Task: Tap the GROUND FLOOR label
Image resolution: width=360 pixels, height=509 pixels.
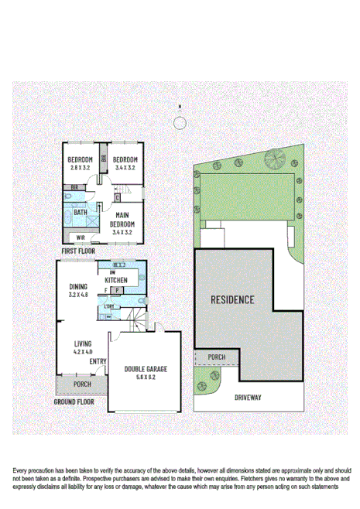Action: tap(74, 401)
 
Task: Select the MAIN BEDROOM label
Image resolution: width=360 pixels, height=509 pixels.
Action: tap(122, 220)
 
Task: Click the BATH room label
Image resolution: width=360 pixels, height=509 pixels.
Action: tap(81, 211)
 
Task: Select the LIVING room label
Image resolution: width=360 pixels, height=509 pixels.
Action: tap(83, 344)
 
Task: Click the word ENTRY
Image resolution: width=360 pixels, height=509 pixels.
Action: tap(98, 361)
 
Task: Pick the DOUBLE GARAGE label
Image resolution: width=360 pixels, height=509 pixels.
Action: tap(146, 369)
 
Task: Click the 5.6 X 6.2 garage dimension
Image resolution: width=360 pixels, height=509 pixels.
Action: tap(146, 377)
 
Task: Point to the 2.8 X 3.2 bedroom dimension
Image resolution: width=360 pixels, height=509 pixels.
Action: tap(81, 166)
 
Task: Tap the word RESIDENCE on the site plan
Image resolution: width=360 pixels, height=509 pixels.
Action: tap(232, 299)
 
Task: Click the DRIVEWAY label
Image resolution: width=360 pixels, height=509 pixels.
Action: tap(249, 397)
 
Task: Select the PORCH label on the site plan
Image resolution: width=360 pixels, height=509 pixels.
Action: tap(217, 357)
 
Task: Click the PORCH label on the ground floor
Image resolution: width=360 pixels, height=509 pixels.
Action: tap(82, 384)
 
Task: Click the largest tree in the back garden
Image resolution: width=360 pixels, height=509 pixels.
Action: tap(274, 159)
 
